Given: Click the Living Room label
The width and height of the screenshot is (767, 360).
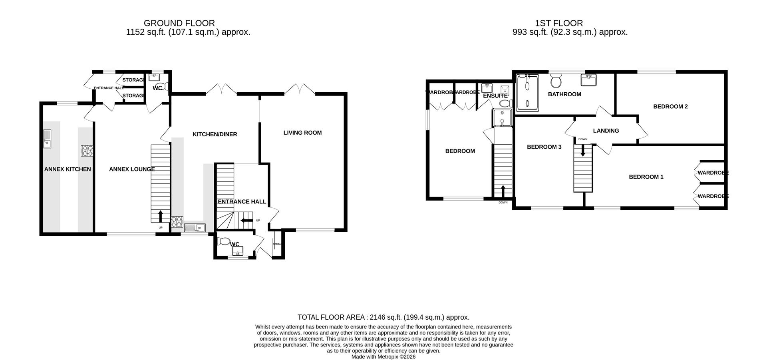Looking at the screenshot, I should tap(302, 133).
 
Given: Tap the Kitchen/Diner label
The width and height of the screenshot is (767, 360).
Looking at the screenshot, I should tap(215, 134).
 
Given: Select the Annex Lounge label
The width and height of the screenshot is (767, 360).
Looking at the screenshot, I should tap(132, 169).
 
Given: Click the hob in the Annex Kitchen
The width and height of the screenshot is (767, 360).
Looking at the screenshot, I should tap(87, 151).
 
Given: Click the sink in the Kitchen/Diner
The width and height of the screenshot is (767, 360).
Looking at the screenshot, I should tap(195, 228).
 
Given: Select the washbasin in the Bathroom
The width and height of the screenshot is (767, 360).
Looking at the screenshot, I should tap(589, 80).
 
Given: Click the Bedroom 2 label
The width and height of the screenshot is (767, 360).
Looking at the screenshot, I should tap(670, 106).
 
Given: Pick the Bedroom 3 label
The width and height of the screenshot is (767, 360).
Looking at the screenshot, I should tap(544, 147).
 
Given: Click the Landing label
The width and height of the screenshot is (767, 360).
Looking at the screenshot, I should tap(606, 130).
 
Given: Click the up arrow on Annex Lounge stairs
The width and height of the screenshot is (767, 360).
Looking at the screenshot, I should tap(161, 216).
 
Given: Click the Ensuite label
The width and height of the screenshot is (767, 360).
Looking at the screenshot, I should tap(495, 96).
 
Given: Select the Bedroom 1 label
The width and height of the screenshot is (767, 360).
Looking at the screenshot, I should tap(646, 177).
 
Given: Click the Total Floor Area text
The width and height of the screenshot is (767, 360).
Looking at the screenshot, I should tap(383, 317).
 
